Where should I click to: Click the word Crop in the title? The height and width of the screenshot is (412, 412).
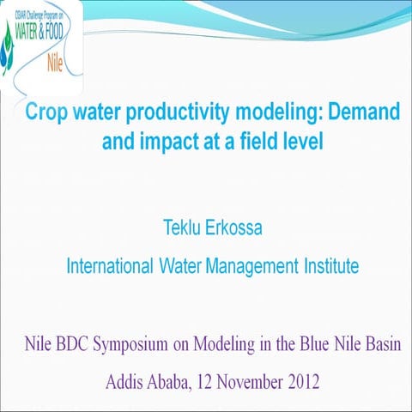click(x=45, y=112)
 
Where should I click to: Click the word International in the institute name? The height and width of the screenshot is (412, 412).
click(x=109, y=266)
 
